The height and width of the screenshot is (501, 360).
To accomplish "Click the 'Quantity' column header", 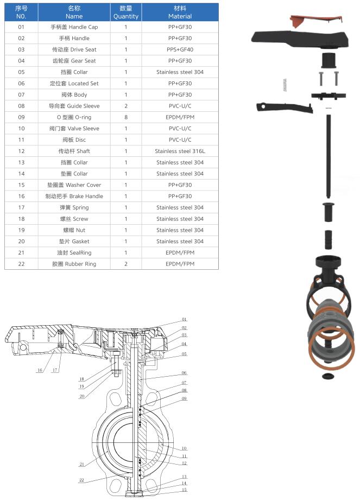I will pyautogui.click(x=126, y=12).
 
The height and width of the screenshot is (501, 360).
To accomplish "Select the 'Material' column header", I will pyautogui.click(x=180, y=12).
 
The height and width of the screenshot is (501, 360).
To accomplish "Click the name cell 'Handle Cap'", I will pyautogui.click(x=74, y=27).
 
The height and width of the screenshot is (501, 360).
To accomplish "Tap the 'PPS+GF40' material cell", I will pyautogui.click(x=180, y=49).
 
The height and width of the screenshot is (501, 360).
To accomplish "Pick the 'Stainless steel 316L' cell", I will pyautogui.click(x=180, y=151).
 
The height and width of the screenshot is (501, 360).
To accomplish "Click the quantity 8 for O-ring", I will pyautogui.click(x=126, y=117).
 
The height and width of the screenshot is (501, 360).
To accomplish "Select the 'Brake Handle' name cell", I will pyautogui.click(x=74, y=196).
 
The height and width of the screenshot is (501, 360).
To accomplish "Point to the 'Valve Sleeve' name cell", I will pyautogui.click(x=74, y=129).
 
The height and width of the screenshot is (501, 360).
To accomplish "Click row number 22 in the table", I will pyautogui.click(x=21, y=264).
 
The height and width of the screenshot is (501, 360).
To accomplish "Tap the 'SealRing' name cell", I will pyautogui.click(x=74, y=252).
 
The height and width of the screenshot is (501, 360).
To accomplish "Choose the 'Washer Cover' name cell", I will pyautogui.click(x=74, y=185).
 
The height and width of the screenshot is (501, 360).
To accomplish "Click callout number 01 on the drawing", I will pyautogui.click(x=184, y=320).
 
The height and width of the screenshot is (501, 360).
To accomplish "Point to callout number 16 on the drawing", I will pyautogui.click(x=40, y=370).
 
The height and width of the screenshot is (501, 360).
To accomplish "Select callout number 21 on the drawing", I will pyautogui.click(x=82, y=464).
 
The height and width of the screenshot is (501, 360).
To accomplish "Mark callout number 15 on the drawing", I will pyautogui.click(x=184, y=490).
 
